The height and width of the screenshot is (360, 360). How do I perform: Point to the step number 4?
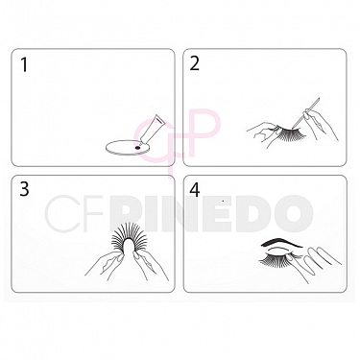[x=195, y=189]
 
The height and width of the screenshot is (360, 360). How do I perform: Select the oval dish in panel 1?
[x=123, y=147]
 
